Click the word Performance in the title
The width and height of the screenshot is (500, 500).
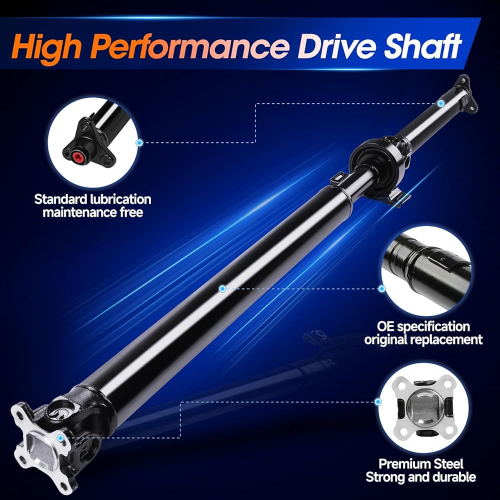coord(192,47)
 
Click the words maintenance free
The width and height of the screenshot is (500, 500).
coord(93,212)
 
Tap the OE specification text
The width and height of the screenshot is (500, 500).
coord(423,326)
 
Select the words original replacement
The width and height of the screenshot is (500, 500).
coord(423,339)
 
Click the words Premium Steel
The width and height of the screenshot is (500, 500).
coord(421,464)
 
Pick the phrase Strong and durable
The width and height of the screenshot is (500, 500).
coord(421,477)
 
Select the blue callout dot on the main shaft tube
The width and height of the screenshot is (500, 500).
coord(222,288)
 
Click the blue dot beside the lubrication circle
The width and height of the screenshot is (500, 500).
coord(139,142)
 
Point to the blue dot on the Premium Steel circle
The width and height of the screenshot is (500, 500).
coord(378,402)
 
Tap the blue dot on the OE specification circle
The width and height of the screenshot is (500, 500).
coord(381,289)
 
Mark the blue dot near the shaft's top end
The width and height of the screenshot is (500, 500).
coord(440,103)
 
